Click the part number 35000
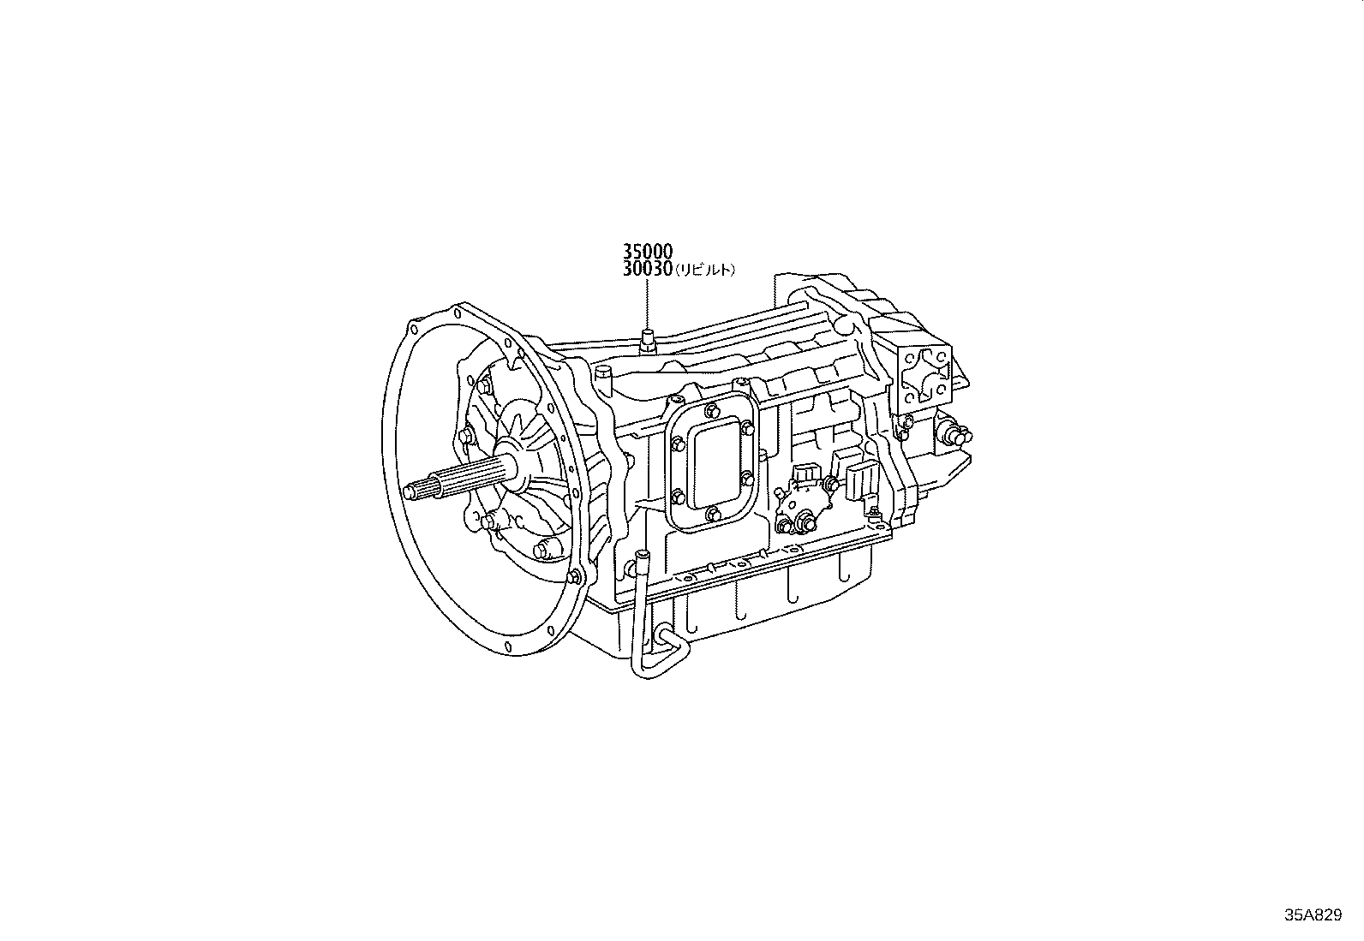647,252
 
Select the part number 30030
647,269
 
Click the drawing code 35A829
1312,915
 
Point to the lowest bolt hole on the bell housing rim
508,646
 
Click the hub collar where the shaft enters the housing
514,467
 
